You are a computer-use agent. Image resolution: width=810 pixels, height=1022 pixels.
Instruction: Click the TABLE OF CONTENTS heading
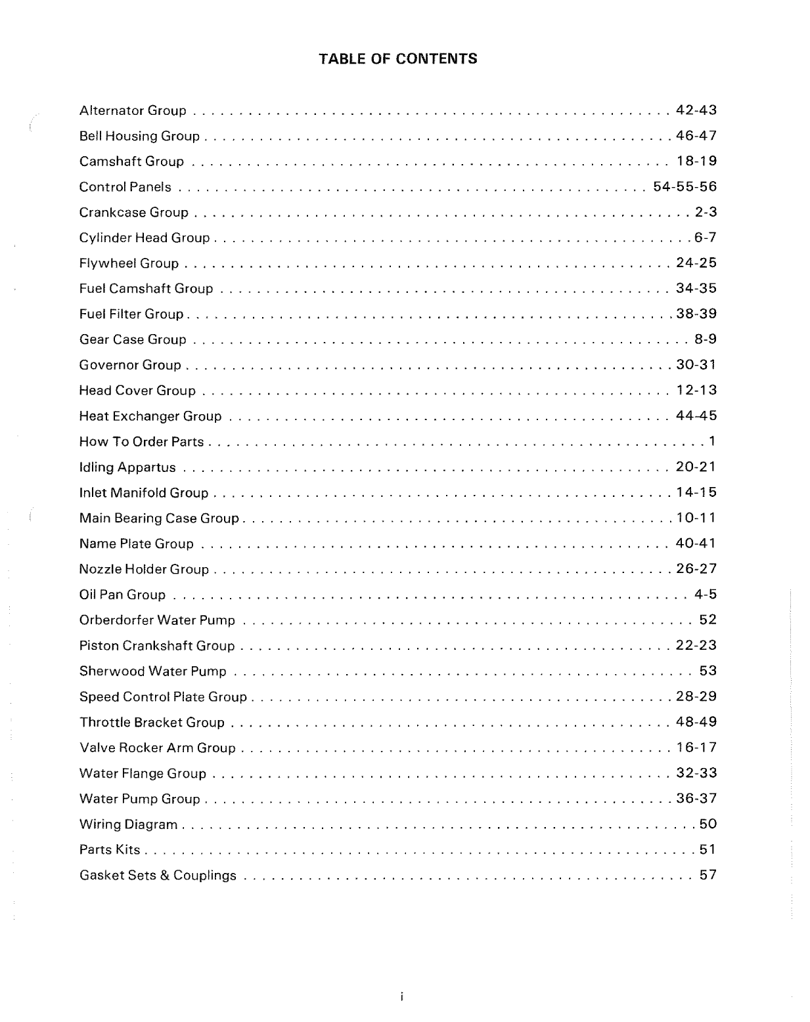(x=398, y=59)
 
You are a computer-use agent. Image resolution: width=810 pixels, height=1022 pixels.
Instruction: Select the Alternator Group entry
(x=133, y=110)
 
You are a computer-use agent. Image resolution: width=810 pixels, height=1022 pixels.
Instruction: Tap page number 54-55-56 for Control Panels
(x=685, y=187)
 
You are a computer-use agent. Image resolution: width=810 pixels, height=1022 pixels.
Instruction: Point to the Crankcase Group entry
(x=133, y=213)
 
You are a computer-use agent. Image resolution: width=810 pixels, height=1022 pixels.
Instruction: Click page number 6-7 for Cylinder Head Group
(x=705, y=238)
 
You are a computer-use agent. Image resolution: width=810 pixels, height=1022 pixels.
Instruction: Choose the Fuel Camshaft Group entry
(x=146, y=289)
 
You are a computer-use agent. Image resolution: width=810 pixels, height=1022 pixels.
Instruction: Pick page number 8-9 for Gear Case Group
(x=705, y=339)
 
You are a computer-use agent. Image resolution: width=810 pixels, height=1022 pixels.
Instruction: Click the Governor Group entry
(x=130, y=365)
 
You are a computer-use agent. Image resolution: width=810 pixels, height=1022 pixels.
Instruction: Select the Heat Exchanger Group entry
(x=150, y=416)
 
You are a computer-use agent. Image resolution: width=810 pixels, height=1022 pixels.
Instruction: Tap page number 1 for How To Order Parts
(x=711, y=441)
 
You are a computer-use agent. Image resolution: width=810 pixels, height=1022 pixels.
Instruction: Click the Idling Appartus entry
(x=127, y=467)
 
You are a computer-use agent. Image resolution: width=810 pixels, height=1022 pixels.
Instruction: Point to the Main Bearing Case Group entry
(x=159, y=519)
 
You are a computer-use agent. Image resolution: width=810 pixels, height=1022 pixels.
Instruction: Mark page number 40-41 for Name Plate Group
(x=696, y=543)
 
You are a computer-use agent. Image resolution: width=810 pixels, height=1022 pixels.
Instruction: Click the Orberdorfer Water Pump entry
(x=157, y=620)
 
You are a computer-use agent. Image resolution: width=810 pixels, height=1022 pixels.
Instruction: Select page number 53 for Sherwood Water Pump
(x=708, y=671)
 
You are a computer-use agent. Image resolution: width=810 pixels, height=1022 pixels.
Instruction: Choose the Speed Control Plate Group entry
(x=163, y=696)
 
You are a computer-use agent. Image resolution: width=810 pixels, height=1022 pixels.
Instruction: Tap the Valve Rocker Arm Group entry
(x=157, y=748)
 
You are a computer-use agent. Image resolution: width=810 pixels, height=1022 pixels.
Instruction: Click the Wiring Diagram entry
(x=128, y=824)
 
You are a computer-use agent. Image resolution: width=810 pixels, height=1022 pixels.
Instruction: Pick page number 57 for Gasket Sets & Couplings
(x=708, y=875)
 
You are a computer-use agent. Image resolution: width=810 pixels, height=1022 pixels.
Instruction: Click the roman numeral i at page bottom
(x=401, y=997)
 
